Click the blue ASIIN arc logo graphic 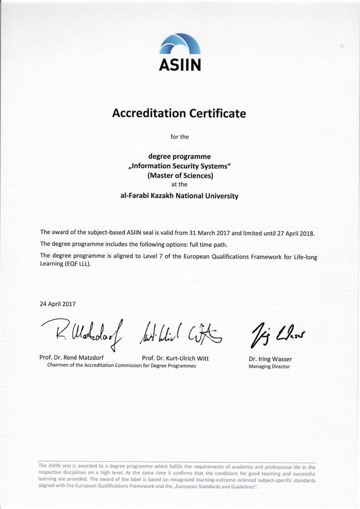pos(179,45)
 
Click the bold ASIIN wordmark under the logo pos(179,65)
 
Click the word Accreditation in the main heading pos(146,113)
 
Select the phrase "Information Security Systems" pos(179,166)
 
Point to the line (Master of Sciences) pos(179,175)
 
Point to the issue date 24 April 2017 pos(58,304)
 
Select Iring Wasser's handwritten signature pos(277,334)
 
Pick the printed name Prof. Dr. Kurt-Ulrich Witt pos(175,358)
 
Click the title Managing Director pos(269,366)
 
